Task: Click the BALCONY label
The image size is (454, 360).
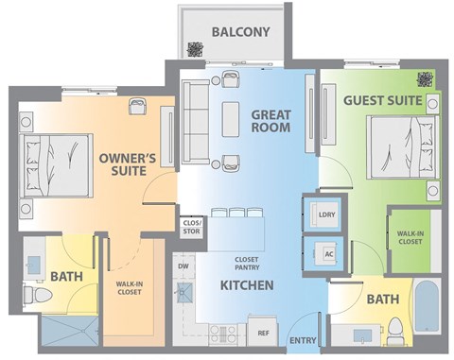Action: point(240,31)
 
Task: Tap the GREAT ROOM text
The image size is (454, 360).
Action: point(270,122)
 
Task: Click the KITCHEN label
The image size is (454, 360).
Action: point(247,284)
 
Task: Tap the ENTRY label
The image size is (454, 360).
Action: point(303,340)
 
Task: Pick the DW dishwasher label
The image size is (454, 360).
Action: point(183,267)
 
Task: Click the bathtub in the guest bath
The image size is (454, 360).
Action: point(425,311)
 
